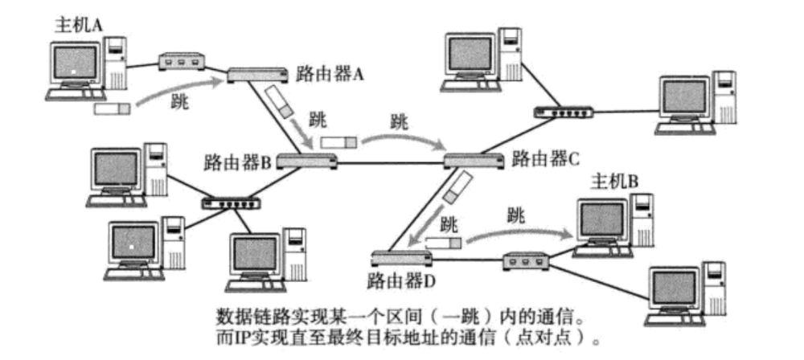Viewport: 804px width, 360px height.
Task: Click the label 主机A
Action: [x=79, y=24]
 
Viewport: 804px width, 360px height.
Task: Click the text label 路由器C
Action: [x=546, y=157]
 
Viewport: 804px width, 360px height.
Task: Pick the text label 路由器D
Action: [x=400, y=281]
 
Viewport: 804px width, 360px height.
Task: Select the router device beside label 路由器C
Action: [x=474, y=162]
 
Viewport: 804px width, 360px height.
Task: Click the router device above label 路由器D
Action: [x=401, y=259]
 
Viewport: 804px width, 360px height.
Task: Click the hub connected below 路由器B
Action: [x=230, y=202]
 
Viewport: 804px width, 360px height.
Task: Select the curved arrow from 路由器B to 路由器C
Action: [x=402, y=138]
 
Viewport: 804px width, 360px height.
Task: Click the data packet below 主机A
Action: [x=111, y=108]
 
